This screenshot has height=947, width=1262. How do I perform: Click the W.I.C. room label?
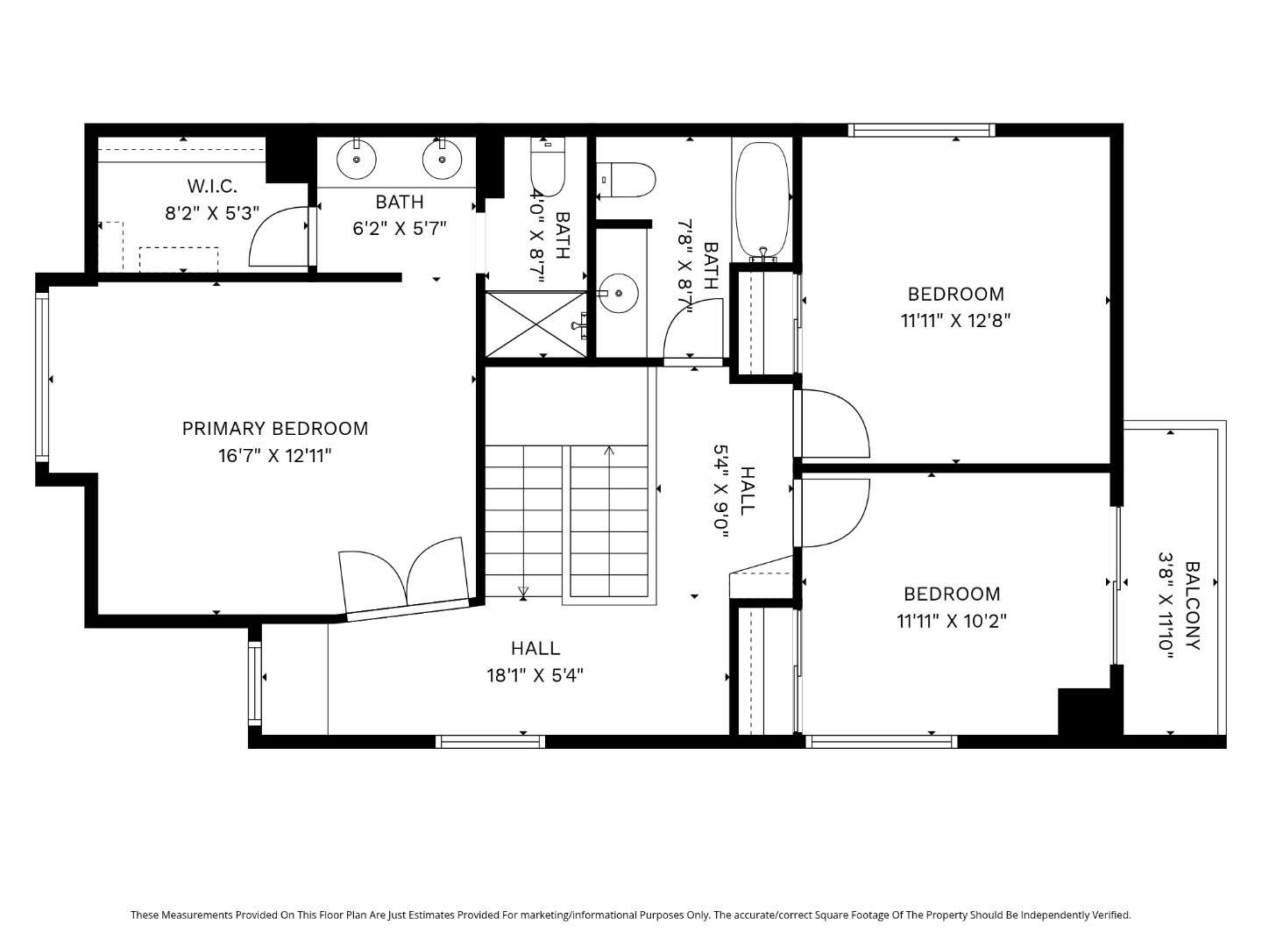tap(212, 186)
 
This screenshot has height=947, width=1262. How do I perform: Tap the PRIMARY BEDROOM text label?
tap(274, 429)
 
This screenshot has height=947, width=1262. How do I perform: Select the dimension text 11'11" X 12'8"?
tap(955, 321)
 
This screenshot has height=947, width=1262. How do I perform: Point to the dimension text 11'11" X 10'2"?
tap(952, 621)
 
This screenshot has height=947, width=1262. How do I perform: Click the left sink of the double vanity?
tap(357, 159)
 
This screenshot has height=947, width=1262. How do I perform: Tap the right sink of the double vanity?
tap(442, 159)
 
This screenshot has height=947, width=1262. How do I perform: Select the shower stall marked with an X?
tap(535, 324)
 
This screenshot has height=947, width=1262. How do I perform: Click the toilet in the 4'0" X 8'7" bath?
tap(548, 166)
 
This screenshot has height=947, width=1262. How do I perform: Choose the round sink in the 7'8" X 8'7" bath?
tap(620, 292)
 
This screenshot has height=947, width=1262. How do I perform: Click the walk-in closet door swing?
tap(279, 238)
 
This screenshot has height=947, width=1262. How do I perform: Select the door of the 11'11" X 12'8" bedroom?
tap(833, 424)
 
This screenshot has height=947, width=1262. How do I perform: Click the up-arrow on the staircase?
tap(609, 452)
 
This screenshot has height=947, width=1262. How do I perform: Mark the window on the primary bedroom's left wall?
tap(41, 377)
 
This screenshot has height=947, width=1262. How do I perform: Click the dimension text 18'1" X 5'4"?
tap(535, 675)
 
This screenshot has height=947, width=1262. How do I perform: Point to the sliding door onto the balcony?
tap(1117, 584)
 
